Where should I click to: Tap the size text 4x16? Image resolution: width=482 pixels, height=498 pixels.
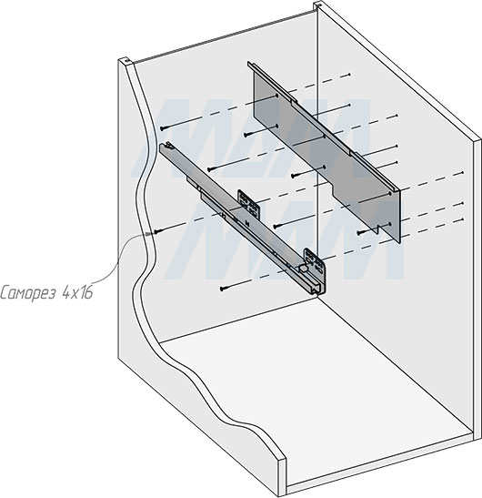tap(78, 294)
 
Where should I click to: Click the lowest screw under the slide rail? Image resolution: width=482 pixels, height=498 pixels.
tap(223, 290)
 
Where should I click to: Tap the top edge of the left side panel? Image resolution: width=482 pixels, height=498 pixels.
tap(127, 62)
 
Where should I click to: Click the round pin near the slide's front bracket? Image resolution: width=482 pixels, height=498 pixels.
tap(300, 269)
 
